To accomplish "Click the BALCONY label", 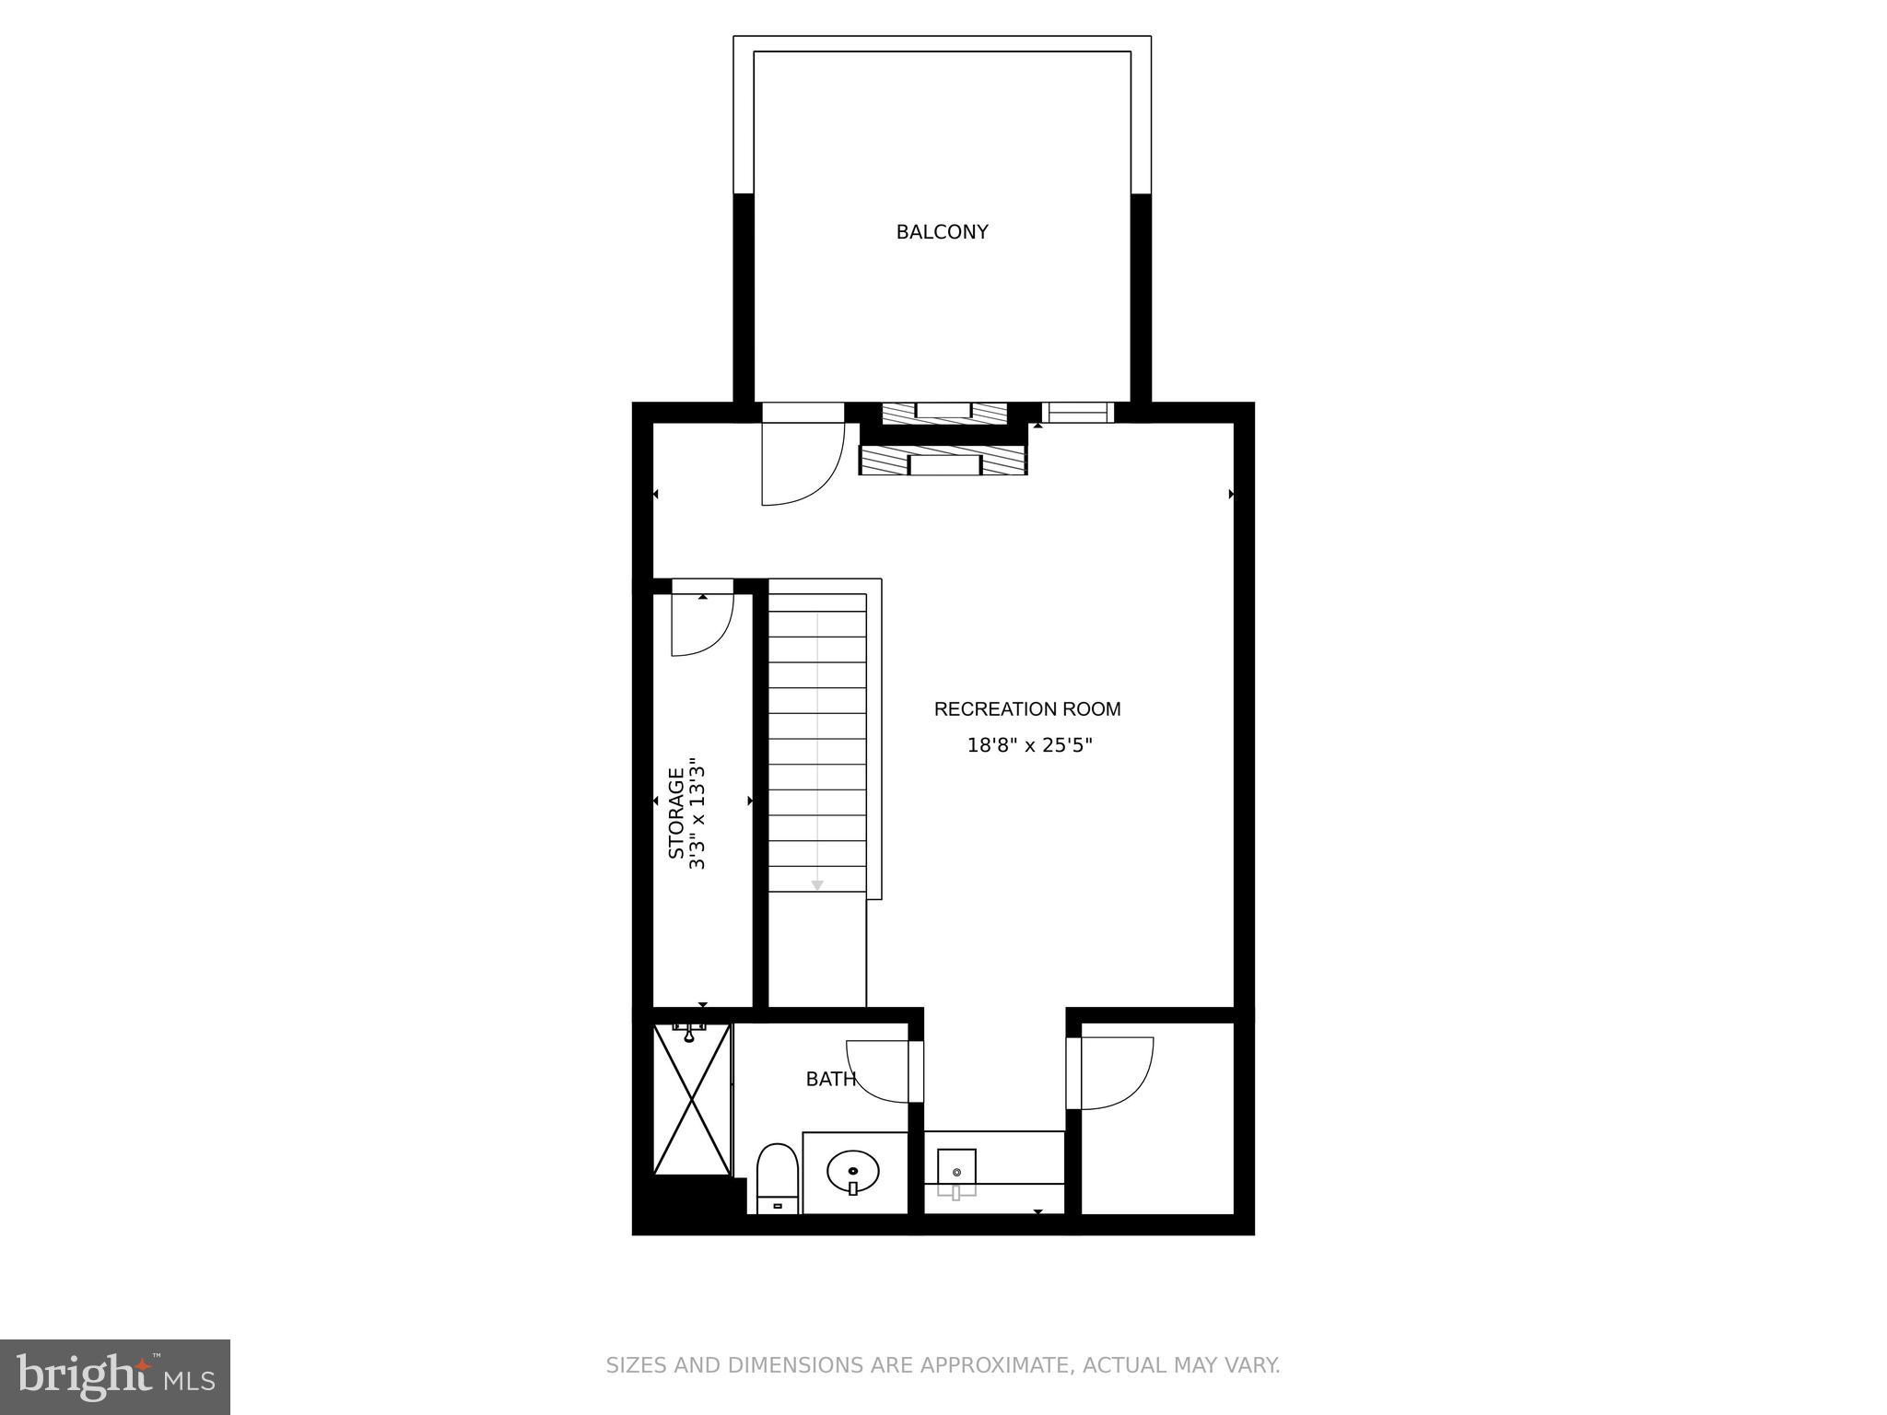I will pos(942,232).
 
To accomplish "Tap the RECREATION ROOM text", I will pos(1027,709).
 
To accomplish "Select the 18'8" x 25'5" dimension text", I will pos(1029,745).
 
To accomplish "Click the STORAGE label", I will pos(677,813).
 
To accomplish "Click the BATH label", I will pos(830,1080).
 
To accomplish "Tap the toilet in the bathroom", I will pos(777,1178).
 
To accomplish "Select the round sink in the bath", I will pos(853,1172).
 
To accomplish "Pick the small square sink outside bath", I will pos(956,1172).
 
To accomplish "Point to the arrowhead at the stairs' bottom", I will pos(816,885).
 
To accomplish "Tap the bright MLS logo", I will pos(115,1376).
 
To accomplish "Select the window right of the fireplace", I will pos(1078,413).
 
